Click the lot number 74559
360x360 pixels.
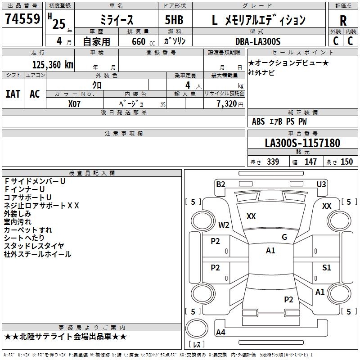22,18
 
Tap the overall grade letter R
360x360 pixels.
343,21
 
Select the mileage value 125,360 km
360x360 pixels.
53,65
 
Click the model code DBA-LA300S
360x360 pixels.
258,41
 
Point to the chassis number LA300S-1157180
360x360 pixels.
302,143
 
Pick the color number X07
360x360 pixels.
74,104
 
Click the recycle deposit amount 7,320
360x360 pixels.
227,104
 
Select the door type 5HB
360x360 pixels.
174,20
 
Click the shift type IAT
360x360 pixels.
13,94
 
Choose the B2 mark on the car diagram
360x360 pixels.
220,184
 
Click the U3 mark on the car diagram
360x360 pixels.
321,184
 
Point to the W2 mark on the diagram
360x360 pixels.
224,225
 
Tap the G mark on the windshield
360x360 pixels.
284,237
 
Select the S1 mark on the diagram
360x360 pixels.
327,267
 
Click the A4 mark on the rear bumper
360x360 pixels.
220,332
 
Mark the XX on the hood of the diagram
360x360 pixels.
251,216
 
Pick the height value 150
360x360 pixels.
346,162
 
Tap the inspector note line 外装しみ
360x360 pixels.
18,214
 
